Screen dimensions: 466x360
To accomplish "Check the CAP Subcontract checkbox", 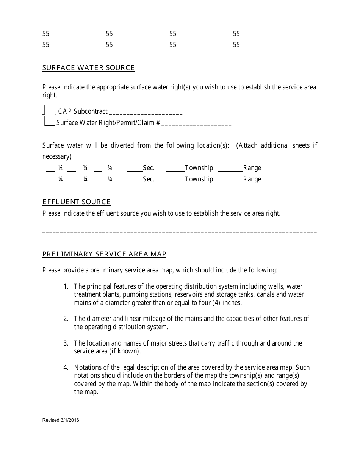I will [50, 110].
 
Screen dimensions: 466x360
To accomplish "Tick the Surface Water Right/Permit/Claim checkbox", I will [50, 121].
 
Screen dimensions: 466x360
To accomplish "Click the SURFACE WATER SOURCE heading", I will [88, 68].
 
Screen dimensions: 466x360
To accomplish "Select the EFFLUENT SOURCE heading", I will [76, 202].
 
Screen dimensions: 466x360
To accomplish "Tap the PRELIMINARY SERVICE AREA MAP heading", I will [104, 254].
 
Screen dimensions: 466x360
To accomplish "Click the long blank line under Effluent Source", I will [179, 231].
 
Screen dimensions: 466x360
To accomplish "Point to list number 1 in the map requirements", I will [66, 286].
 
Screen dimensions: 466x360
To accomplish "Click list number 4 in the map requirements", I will [66, 367].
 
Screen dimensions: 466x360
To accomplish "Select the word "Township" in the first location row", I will [199, 168].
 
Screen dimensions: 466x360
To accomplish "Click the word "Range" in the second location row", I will [252, 179].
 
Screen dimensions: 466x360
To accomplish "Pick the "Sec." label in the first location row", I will [149, 168].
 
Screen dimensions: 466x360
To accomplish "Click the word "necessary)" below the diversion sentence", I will [57, 156].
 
